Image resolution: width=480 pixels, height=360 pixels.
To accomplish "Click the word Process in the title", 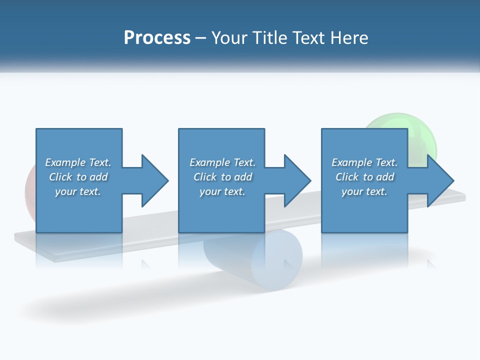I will [x=157, y=37].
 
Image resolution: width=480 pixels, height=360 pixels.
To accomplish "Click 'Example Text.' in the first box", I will [x=78, y=162].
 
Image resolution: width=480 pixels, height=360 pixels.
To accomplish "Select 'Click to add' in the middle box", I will [x=222, y=177].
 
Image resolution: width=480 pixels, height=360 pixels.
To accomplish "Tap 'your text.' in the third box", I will [x=364, y=191].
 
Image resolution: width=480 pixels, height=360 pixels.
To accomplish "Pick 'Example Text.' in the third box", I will [x=364, y=162].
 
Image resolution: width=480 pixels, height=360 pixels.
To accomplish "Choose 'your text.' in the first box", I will [x=78, y=191].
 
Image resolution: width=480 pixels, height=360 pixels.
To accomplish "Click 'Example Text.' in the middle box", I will [x=222, y=162].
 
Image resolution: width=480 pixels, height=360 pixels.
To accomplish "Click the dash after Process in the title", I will [x=201, y=37].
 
